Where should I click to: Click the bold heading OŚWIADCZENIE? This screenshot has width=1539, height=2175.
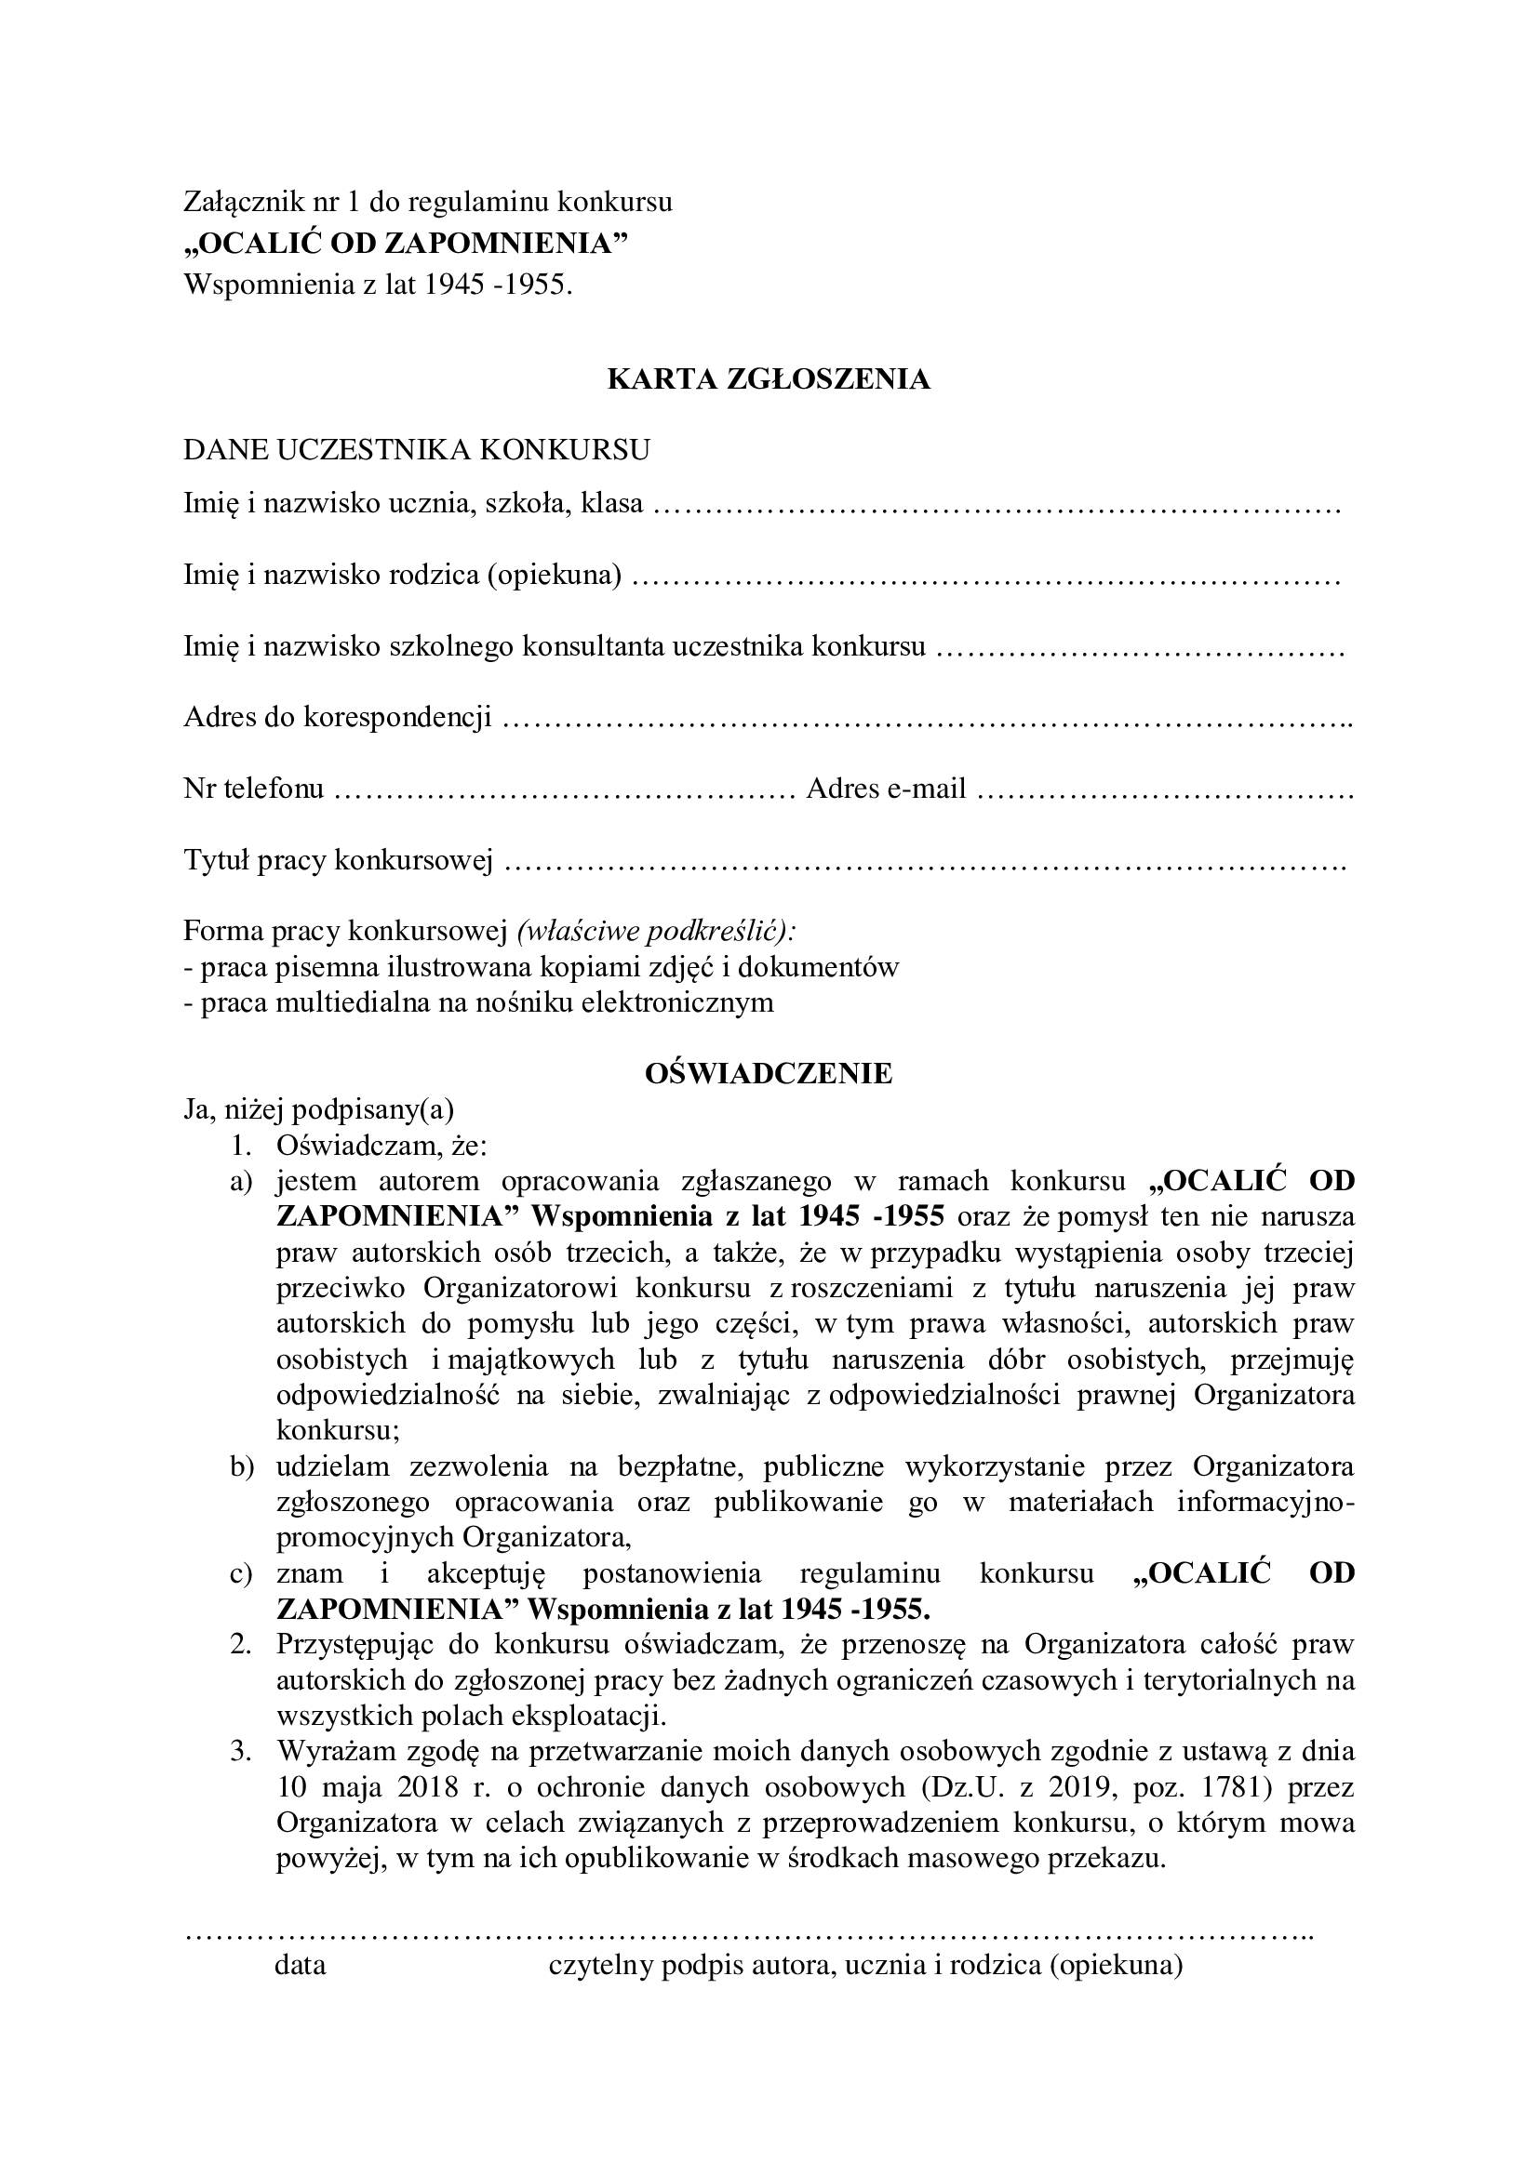(x=769, y=1073)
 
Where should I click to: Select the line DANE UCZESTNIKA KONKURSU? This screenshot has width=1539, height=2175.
(x=417, y=449)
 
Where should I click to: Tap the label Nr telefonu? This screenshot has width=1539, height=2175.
(x=254, y=789)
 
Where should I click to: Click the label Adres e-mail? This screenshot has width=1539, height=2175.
(x=886, y=789)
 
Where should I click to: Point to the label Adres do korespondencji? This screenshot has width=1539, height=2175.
(x=338, y=717)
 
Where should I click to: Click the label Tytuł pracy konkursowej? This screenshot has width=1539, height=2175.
(x=339, y=860)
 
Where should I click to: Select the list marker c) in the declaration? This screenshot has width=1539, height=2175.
(x=243, y=1574)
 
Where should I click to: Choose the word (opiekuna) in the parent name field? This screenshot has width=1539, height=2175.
(x=555, y=575)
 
